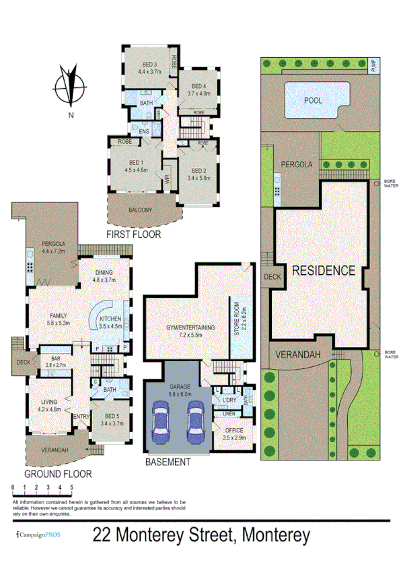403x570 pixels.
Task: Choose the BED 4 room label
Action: [x=198, y=86]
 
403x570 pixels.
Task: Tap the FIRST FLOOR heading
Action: [x=133, y=235]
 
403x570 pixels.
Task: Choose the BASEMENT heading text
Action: [x=168, y=462]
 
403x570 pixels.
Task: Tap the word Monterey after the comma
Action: [x=271, y=535]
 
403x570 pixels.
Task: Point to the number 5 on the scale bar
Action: [x=71, y=487]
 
